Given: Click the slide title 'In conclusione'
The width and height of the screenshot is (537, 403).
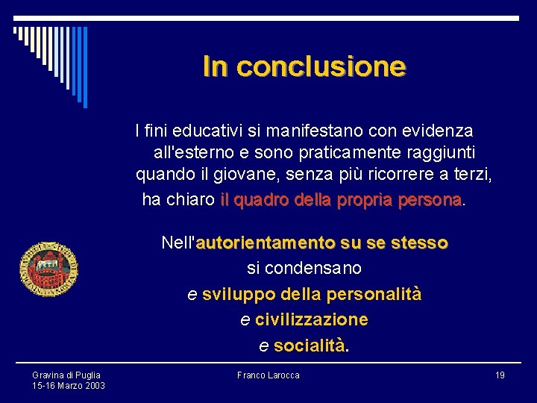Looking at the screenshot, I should (304, 67).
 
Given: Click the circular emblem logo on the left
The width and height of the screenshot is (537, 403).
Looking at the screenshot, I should (48, 269).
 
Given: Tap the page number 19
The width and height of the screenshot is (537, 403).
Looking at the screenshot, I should (500, 375).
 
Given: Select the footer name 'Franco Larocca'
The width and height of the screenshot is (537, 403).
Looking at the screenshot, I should (268, 375).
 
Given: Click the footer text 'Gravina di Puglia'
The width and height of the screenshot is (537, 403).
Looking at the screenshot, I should (66, 375).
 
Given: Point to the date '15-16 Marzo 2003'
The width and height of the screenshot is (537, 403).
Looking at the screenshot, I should (69, 386).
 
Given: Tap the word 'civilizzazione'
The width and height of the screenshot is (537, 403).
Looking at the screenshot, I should (312, 319).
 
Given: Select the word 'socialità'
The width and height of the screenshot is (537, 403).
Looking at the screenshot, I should (310, 346).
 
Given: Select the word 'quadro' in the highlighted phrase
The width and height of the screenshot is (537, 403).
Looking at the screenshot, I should (264, 200).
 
